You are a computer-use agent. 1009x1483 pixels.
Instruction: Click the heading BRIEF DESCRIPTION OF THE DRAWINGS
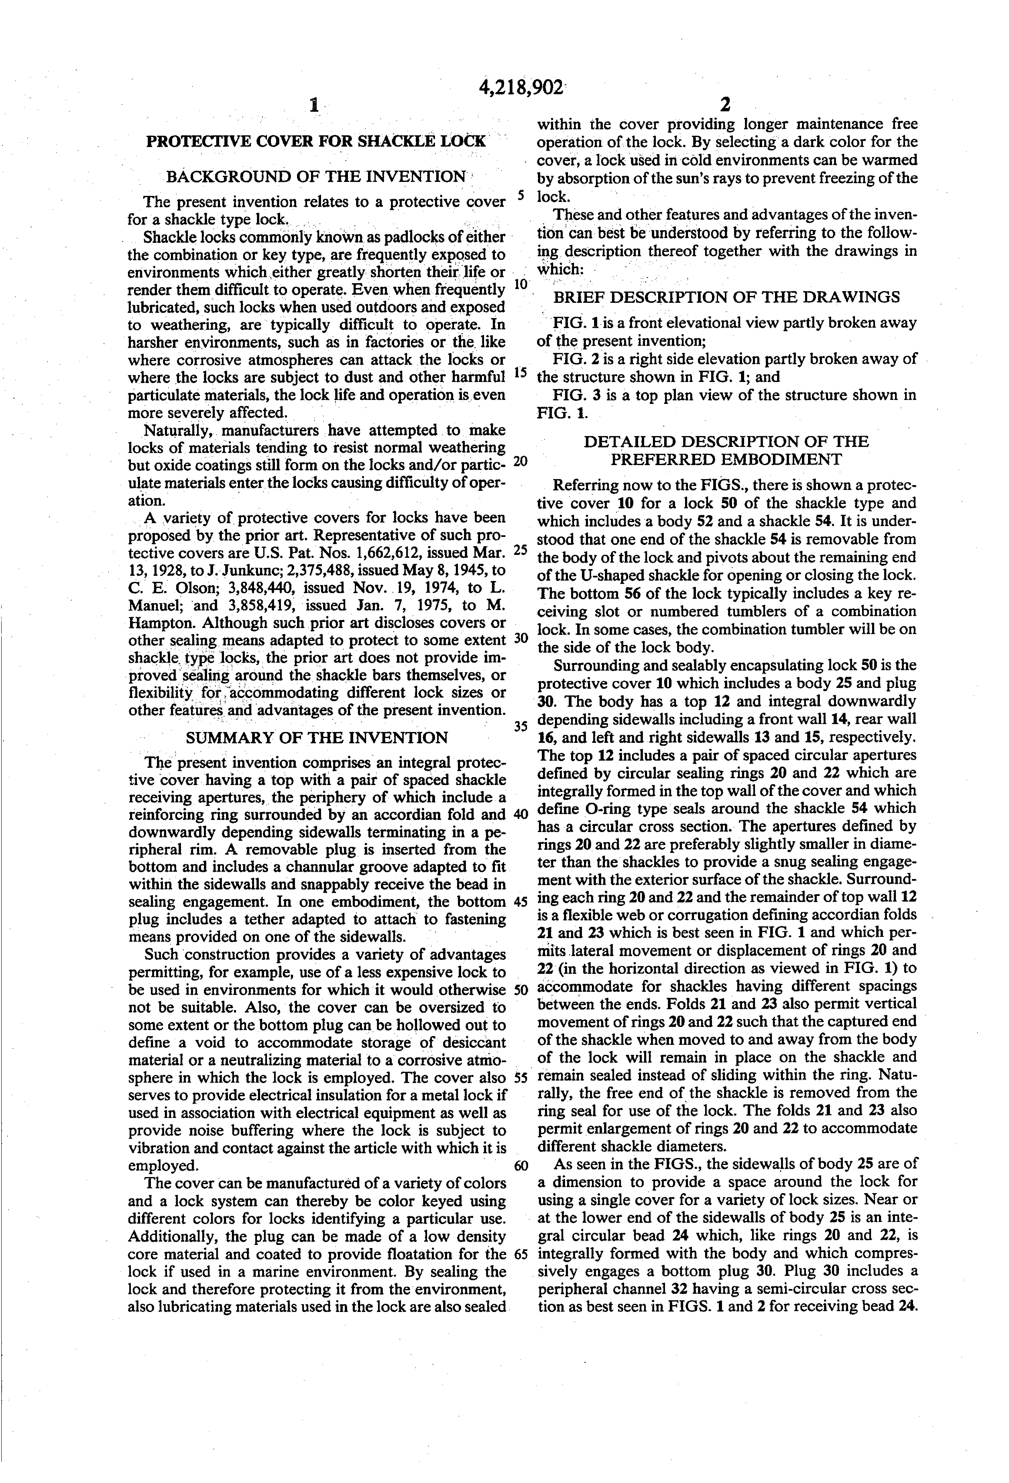coord(726,297)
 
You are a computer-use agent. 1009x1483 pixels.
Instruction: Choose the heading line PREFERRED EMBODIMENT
coord(726,459)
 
